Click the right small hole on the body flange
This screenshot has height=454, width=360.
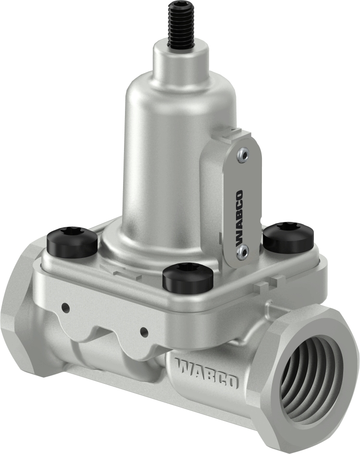(143, 331)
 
